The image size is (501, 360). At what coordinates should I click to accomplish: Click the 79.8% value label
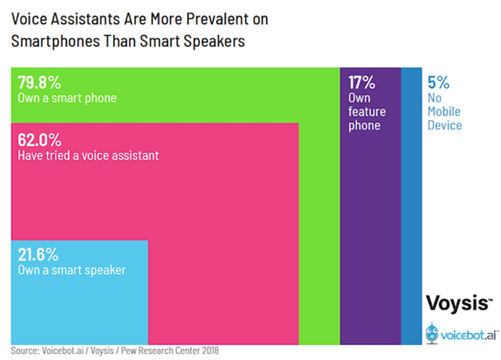tap(39, 82)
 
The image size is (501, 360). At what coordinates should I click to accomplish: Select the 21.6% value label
tap(38, 255)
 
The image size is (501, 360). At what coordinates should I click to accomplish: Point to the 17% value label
tap(362, 82)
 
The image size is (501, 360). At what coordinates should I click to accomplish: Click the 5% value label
tap(438, 82)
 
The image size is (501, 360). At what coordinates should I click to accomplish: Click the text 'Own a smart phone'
tap(67, 98)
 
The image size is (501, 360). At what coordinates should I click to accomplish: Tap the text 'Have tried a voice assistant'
tap(88, 156)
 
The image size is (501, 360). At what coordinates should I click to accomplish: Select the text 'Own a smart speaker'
tap(71, 270)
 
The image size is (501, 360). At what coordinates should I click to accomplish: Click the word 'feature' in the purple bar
tap(367, 112)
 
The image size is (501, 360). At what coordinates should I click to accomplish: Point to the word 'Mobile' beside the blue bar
tap(444, 112)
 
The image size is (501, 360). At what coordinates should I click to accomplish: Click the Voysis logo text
tap(459, 303)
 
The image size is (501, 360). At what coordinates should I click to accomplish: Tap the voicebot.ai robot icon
tap(432, 334)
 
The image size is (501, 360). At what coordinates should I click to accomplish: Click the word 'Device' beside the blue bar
tap(445, 125)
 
